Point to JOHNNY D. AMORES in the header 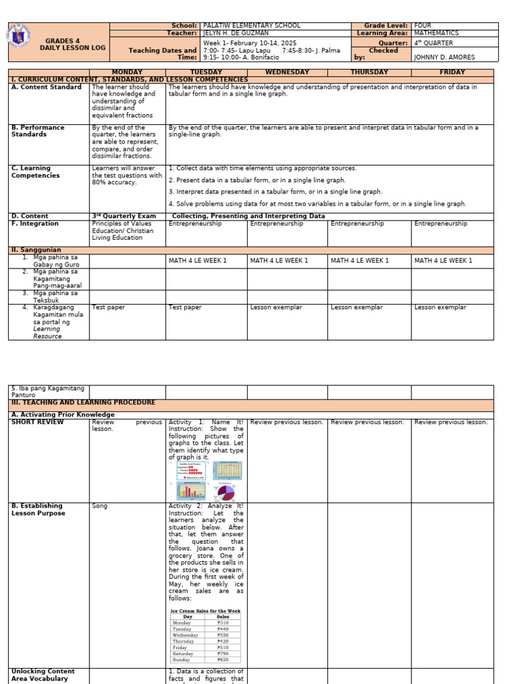pos(444,57)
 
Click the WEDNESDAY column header pos(287,72)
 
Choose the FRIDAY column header pos(452,72)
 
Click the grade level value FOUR pos(423,25)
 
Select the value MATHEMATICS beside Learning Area pos(436,33)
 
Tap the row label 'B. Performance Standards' pos(38,131)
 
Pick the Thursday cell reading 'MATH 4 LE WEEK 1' pos(359,261)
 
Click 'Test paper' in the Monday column pos(108,308)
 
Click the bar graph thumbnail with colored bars pos(190,491)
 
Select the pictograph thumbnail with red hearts pos(190,470)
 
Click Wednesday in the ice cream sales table pos(185,635)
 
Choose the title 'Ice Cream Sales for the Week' pos(205,611)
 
